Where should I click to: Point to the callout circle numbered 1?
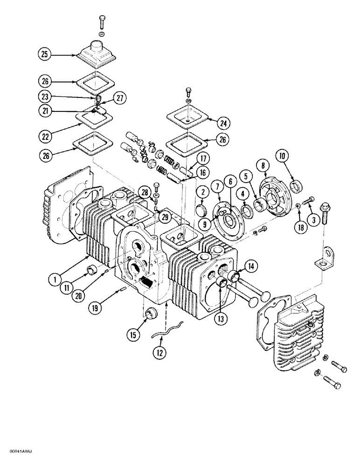55,280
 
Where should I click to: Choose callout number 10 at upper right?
284,155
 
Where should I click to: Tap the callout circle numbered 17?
201,158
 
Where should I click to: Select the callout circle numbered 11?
67,288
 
